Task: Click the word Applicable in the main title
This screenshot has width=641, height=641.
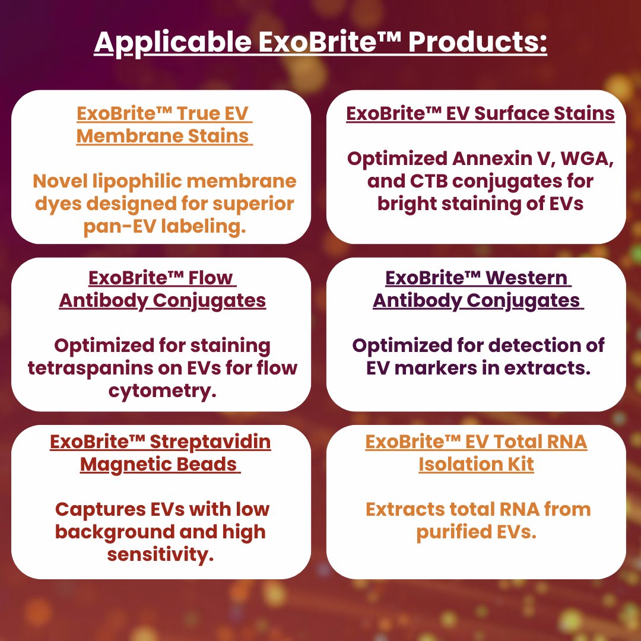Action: (x=173, y=42)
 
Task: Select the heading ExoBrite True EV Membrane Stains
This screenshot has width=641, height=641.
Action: (x=164, y=125)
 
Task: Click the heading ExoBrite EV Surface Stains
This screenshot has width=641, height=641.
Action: (x=480, y=113)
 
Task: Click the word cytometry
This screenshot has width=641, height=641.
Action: (x=162, y=391)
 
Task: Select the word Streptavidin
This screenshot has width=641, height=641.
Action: (x=210, y=442)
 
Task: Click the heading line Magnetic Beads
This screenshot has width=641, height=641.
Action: (x=160, y=465)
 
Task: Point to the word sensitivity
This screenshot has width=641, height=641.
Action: (x=161, y=555)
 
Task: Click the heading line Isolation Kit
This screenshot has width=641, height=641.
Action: (x=476, y=464)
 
